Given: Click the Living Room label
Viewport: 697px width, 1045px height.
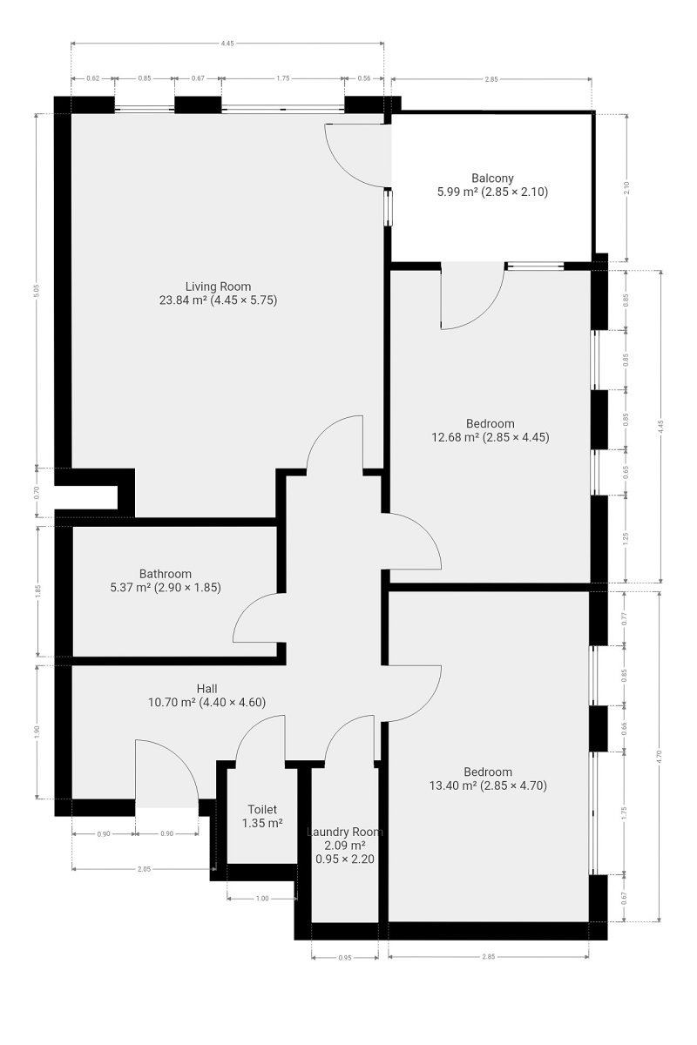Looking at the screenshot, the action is point(218,287).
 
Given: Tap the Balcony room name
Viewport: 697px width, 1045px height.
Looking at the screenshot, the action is point(492,179).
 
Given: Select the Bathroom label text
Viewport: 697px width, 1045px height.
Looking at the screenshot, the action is point(166,574).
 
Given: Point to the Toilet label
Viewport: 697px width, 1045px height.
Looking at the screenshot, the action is point(262,809).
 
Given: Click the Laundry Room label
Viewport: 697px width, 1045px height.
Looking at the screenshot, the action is point(345,832).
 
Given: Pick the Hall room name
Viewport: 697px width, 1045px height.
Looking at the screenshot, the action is point(206,689).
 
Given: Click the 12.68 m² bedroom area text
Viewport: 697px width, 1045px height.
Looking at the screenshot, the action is point(491,437).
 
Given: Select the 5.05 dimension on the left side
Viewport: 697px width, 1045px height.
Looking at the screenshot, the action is point(37,291).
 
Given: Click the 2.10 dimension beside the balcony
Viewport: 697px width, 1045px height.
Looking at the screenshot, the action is point(626,187).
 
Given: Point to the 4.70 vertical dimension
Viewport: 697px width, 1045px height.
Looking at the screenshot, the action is point(660,756).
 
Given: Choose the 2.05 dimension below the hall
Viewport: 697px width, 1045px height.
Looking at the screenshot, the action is point(145,869).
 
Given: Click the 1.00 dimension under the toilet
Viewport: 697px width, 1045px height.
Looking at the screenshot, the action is point(262,899).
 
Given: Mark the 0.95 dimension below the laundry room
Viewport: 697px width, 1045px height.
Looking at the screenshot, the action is point(344,958).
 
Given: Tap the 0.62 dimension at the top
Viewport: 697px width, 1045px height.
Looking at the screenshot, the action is point(93,78).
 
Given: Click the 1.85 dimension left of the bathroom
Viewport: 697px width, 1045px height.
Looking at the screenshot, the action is point(38,590).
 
